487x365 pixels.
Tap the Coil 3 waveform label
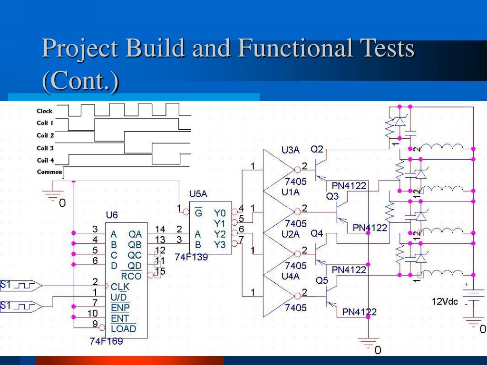[45, 148]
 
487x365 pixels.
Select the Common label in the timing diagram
[49, 172]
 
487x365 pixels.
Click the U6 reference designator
[112, 215]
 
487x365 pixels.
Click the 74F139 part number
[191, 257]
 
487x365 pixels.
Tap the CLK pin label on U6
[120, 287]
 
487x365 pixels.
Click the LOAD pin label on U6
[123, 328]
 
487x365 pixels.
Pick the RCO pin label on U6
[131, 276]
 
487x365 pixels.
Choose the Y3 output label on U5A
[220, 245]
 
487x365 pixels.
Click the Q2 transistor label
[317, 149]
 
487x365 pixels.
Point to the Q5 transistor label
[322, 281]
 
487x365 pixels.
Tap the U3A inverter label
[290, 150]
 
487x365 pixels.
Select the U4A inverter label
[290, 276]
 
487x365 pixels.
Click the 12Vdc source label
[445, 301]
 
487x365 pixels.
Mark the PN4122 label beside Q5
[360, 312]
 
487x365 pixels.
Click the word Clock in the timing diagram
[45, 111]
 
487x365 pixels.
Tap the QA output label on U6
[135, 234]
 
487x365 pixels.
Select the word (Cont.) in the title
[80, 81]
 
